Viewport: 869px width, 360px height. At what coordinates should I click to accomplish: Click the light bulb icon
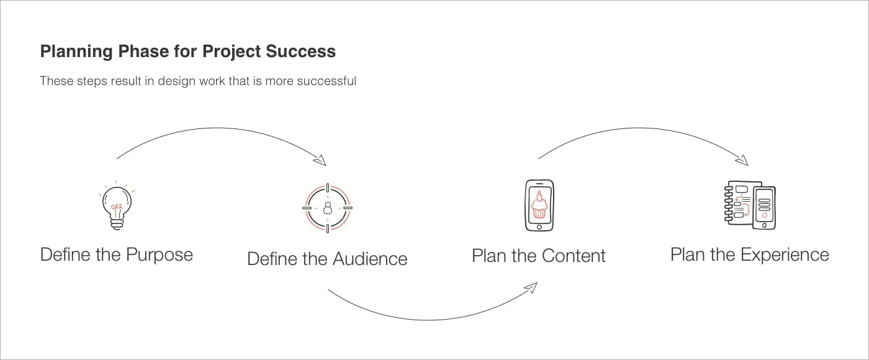tap(117, 206)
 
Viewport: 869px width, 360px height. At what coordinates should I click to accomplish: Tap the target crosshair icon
tap(327, 207)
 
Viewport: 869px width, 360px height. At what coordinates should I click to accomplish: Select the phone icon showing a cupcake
tap(539, 206)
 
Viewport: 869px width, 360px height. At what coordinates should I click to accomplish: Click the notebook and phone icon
tap(750, 205)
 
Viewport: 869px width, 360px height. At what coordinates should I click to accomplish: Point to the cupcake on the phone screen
tap(539, 206)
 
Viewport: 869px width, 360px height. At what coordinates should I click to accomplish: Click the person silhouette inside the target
tap(327, 208)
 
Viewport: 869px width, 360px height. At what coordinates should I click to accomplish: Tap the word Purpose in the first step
tap(160, 254)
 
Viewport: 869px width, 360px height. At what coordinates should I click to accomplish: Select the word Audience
tap(369, 259)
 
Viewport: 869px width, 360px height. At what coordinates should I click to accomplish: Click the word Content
tap(574, 255)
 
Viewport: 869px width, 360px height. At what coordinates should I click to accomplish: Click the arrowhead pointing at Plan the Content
tap(531, 287)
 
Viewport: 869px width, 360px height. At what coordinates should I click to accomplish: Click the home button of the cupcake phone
tap(539, 227)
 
